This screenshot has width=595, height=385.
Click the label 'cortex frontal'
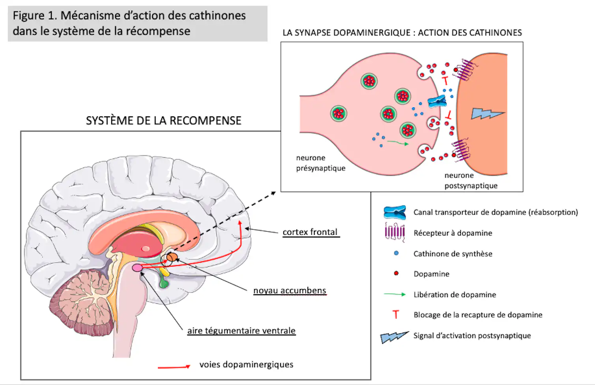(310, 232)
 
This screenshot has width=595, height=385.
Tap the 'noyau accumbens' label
(290, 290)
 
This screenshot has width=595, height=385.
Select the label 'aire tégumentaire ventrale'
(241, 331)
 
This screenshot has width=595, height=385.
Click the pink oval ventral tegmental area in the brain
(137, 268)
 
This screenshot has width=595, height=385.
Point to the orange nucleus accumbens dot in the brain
(172, 257)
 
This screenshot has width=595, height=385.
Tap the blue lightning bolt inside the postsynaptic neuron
(486, 114)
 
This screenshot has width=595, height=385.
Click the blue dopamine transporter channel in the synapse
(437, 102)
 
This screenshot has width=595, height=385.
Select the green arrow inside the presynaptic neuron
(397, 143)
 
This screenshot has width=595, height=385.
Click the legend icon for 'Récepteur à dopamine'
(395, 232)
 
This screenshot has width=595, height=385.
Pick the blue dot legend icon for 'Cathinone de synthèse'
(396, 253)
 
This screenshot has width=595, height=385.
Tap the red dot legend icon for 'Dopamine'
(396, 273)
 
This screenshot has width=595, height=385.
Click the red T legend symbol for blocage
(396, 314)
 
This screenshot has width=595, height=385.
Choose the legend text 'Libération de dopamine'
(455, 295)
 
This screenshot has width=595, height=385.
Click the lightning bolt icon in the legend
(394, 337)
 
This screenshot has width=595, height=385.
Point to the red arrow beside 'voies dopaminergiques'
(174, 367)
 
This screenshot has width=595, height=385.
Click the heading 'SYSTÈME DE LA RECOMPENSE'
(163, 120)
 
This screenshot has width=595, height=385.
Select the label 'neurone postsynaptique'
(471, 180)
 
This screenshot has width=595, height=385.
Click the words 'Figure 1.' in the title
(35, 16)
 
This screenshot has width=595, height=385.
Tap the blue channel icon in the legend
(395, 212)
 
